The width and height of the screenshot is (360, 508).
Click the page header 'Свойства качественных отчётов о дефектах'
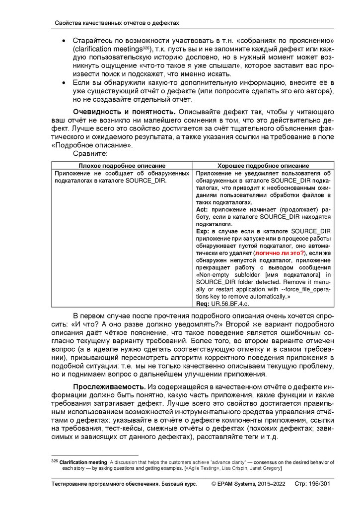click(x=116, y=23)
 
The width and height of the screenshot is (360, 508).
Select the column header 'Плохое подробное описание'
click(x=122, y=166)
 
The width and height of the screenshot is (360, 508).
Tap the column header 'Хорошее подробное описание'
click(x=263, y=166)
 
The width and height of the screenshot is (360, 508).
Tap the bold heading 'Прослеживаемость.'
click(x=109, y=386)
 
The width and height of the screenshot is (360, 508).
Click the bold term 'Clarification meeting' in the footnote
click(x=83, y=462)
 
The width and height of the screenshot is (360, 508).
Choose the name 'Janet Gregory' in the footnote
click(x=266, y=468)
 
